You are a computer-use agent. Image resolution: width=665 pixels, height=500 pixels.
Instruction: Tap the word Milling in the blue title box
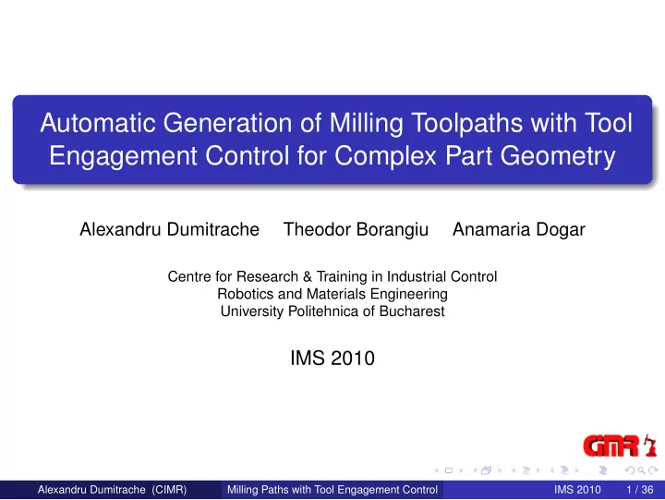click(x=366, y=124)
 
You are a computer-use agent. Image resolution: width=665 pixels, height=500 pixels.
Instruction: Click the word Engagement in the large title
click(x=123, y=156)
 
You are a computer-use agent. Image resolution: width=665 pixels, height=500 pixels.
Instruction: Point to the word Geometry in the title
click(x=558, y=156)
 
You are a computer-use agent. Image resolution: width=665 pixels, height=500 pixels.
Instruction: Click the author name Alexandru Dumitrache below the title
click(x=169, y=229)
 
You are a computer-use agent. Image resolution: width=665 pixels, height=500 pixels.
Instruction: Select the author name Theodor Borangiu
click(x=356, y=229)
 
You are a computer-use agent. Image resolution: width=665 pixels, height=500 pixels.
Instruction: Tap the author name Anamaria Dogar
click(x=519, y=229)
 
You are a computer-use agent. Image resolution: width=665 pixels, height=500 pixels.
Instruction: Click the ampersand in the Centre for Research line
click(x=307, y=276)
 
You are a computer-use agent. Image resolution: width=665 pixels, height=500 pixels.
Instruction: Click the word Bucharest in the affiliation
click(x=412, y=311)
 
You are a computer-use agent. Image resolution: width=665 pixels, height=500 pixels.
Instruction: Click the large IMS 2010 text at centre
click(x=332, y=359)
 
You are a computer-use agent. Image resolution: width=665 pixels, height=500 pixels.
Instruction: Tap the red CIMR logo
click(x=611, y=446)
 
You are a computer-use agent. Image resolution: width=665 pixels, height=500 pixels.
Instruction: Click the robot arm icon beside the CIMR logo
click(x=649, y=445)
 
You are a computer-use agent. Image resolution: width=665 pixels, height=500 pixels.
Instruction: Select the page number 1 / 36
click(x=639, y=490)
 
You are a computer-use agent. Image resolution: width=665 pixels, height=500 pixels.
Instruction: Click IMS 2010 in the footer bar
click(x=577, y=490)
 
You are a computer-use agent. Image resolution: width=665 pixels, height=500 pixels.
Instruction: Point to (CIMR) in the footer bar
click(x=169, y=490)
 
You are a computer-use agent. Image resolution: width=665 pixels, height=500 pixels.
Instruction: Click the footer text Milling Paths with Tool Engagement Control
click(x=332, y=490)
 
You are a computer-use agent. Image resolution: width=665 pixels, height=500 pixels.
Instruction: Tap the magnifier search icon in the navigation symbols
click(x=642, y=470)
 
